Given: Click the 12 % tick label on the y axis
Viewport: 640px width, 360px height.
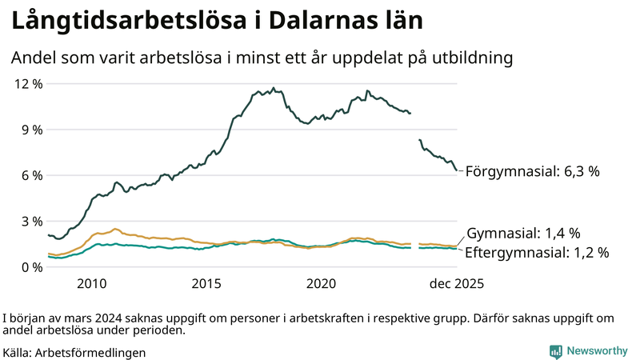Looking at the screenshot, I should click(x=26, y=84).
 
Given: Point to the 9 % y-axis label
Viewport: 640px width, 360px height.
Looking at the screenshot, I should click(x=30, y=130).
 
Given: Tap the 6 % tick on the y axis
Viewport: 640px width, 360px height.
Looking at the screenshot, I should click(x=30, y=175).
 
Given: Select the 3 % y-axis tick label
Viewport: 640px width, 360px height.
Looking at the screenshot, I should click(x=30, y=222).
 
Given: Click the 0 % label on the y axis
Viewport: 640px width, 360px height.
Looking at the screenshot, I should click(x=30, y=267).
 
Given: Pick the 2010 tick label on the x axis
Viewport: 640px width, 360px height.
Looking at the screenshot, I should click(x=92, y=284).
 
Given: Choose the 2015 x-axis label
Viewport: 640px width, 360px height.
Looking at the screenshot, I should click(x=206, y=284).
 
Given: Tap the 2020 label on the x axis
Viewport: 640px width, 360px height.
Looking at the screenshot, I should click(x=322, y=284).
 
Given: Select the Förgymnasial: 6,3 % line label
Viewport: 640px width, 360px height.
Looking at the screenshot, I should click(x=532, y=171).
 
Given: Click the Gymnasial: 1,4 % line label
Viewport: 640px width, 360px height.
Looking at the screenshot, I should click(x=523, y=234).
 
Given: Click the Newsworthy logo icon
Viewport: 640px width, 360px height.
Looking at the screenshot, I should click(x=555, y=351).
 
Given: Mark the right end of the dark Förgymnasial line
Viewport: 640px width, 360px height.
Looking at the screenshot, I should click(x=457, y=170).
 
